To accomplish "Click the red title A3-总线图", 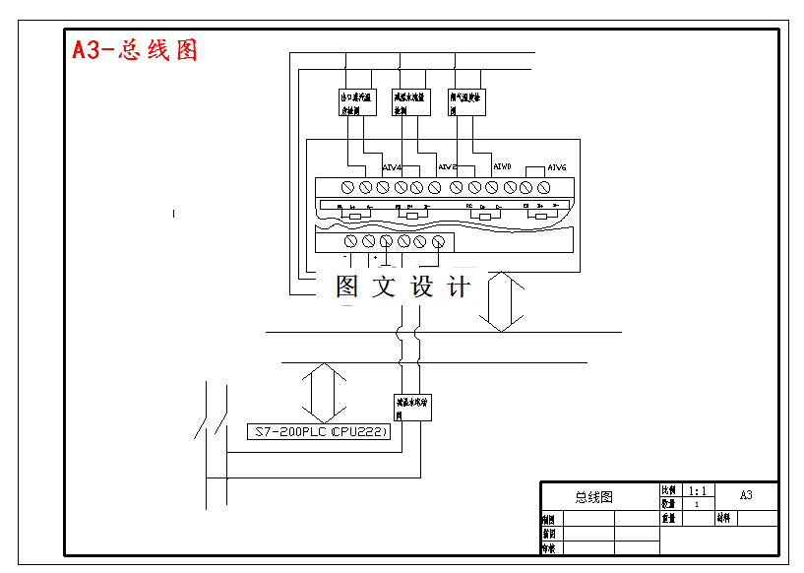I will tap(135, 50).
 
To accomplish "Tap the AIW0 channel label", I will tap(502, 166).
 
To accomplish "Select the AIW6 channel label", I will tap(556, 167).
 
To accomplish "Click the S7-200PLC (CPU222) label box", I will tap(320, 432).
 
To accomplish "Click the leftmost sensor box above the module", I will tap(356, 102).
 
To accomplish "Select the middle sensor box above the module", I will tap(410, 102).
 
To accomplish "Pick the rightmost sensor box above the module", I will tap(466, 102).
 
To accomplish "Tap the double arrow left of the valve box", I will tap(324, 391).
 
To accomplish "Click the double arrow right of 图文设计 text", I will tap(501, 300).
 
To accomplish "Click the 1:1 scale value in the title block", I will tap(697, 490).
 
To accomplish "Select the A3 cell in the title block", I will tap(745, 495).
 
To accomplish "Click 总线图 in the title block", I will tap(593, 497).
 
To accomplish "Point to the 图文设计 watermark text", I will tap(403, 286).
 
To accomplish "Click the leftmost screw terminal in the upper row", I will tap(348, 187).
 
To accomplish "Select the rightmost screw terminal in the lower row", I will tap(438, 241).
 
